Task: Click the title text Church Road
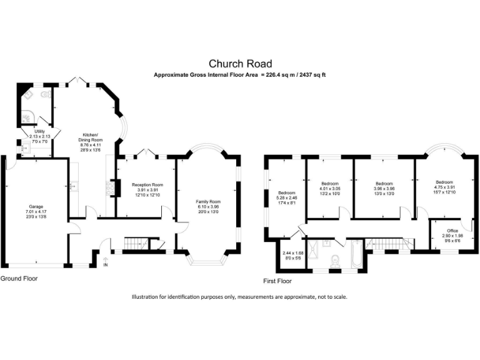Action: pyautogui.click(x=240, y=63)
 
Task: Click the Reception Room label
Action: pyautogui.click(x=147, y=185)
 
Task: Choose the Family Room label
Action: pyautogui.click(x=209, y=202)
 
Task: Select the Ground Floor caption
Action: pyautogui.click(x=19, y=278)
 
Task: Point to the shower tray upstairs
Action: pyautogui.click(x=314, y=245)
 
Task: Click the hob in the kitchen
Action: pyautogui.click(x=113, y=187)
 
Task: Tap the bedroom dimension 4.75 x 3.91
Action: pyautogui.click(x=448, y=187)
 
